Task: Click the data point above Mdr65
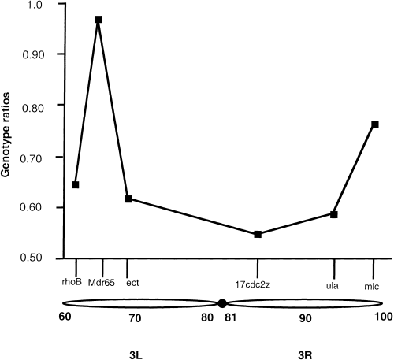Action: pos(98,19)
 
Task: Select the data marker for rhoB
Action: pos(75,184)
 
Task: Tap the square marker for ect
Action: pos(128,199)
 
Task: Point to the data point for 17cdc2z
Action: pos(258,234)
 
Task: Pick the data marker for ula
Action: pos(334,214)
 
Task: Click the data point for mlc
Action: pos(375,124)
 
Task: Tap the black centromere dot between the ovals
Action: pos(223,304)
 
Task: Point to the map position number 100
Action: pos(383,317)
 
